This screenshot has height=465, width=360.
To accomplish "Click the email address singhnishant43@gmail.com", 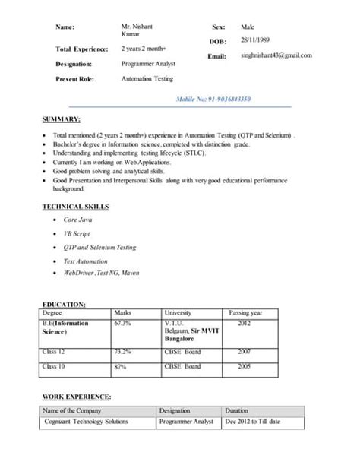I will (x=276, y=55).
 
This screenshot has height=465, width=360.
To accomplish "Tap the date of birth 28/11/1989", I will (x=254, y=39).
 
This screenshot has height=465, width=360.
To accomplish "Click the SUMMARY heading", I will (x=62, y=120).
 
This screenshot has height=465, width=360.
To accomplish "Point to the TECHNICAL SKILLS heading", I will (x=75, y=206).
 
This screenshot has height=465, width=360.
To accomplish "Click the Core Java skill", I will (x=78, y=219).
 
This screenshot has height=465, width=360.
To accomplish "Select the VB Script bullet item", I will (x=77, y=233).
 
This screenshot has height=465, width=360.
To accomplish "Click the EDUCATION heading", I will (x=64, y=304).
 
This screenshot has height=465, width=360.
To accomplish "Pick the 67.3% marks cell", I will (x=122, y=323).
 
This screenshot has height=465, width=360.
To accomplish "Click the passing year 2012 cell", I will (x=244, y=323).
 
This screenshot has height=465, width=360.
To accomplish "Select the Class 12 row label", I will (x=55, y=352).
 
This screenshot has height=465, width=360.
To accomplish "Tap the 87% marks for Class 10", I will (x=120, y=367).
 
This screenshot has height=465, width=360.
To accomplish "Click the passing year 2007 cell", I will (x=244, y=352).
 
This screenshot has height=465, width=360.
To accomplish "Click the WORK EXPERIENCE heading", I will (x=77, y=397).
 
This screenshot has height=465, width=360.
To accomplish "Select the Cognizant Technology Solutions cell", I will (x=86, y=422).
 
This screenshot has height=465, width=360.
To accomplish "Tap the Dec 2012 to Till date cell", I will (x=253, y=422).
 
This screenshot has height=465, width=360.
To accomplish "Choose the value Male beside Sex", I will (x=248, y=26).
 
